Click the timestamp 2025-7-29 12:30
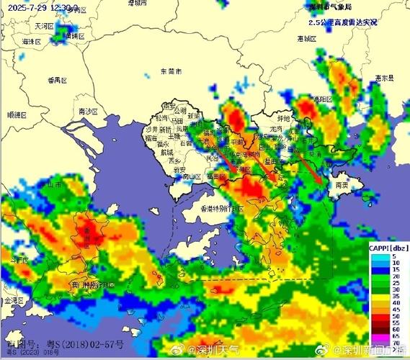coord(42,6)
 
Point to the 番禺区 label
coord(56,79)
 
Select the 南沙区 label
coord(87,112)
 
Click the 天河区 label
coord(45,25)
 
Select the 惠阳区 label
coord(331,99)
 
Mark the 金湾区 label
coord(14,300)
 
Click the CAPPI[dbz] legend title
coord(389,248)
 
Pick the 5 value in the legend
coord(396,256)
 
